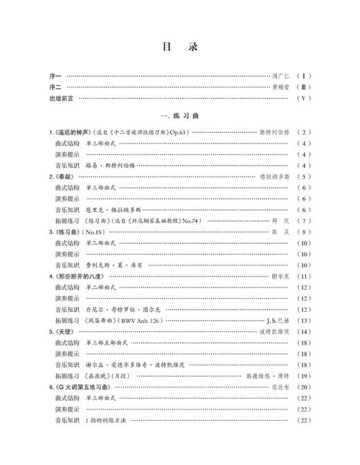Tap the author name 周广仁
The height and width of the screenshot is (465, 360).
(x=280, y=75)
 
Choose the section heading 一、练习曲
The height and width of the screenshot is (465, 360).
(x=179, y=116)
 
